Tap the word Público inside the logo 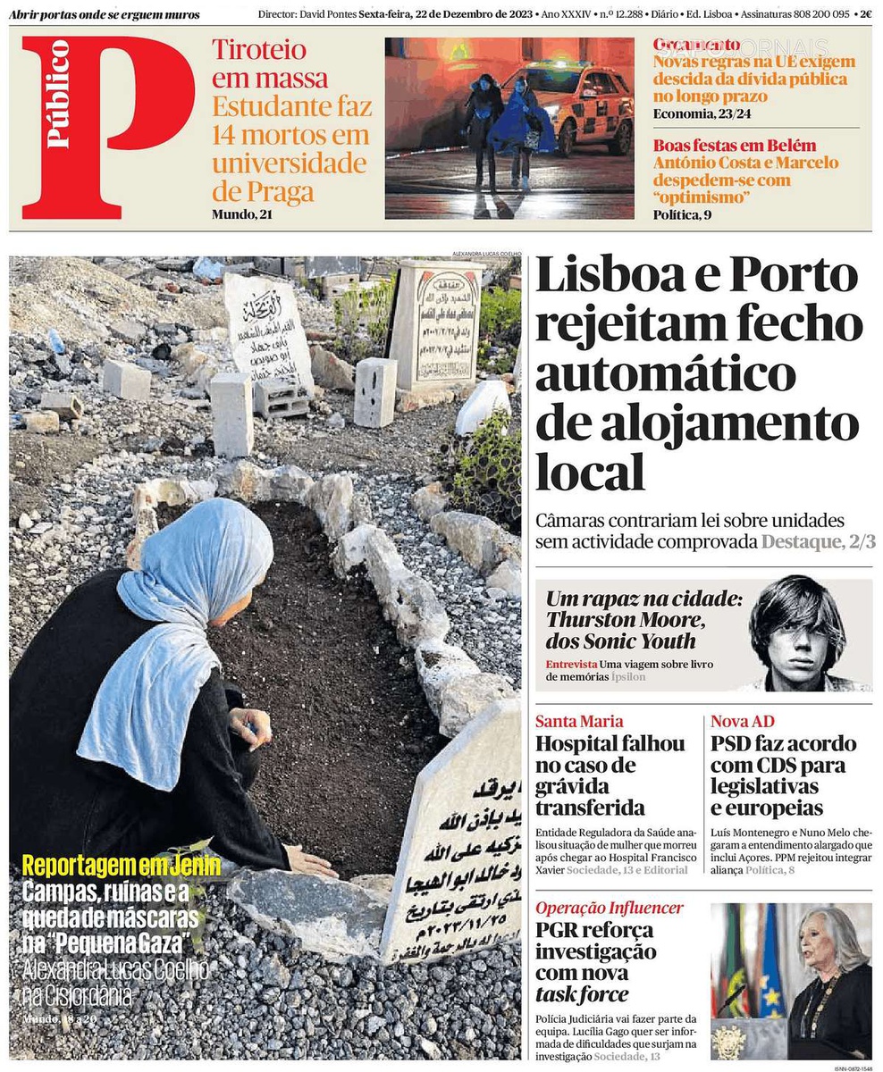click(58, 94)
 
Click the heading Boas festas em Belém click(735, 146)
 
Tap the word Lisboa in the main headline click(608, 278)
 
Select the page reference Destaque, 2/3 click(818, 541)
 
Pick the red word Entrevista click(571, 664)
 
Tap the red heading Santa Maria click(579, 721)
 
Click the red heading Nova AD click(742, 721)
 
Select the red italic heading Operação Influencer click(610, 908)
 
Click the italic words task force click(582, 993)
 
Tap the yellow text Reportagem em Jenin click(108, 865)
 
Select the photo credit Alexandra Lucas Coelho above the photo click(486, 253)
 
